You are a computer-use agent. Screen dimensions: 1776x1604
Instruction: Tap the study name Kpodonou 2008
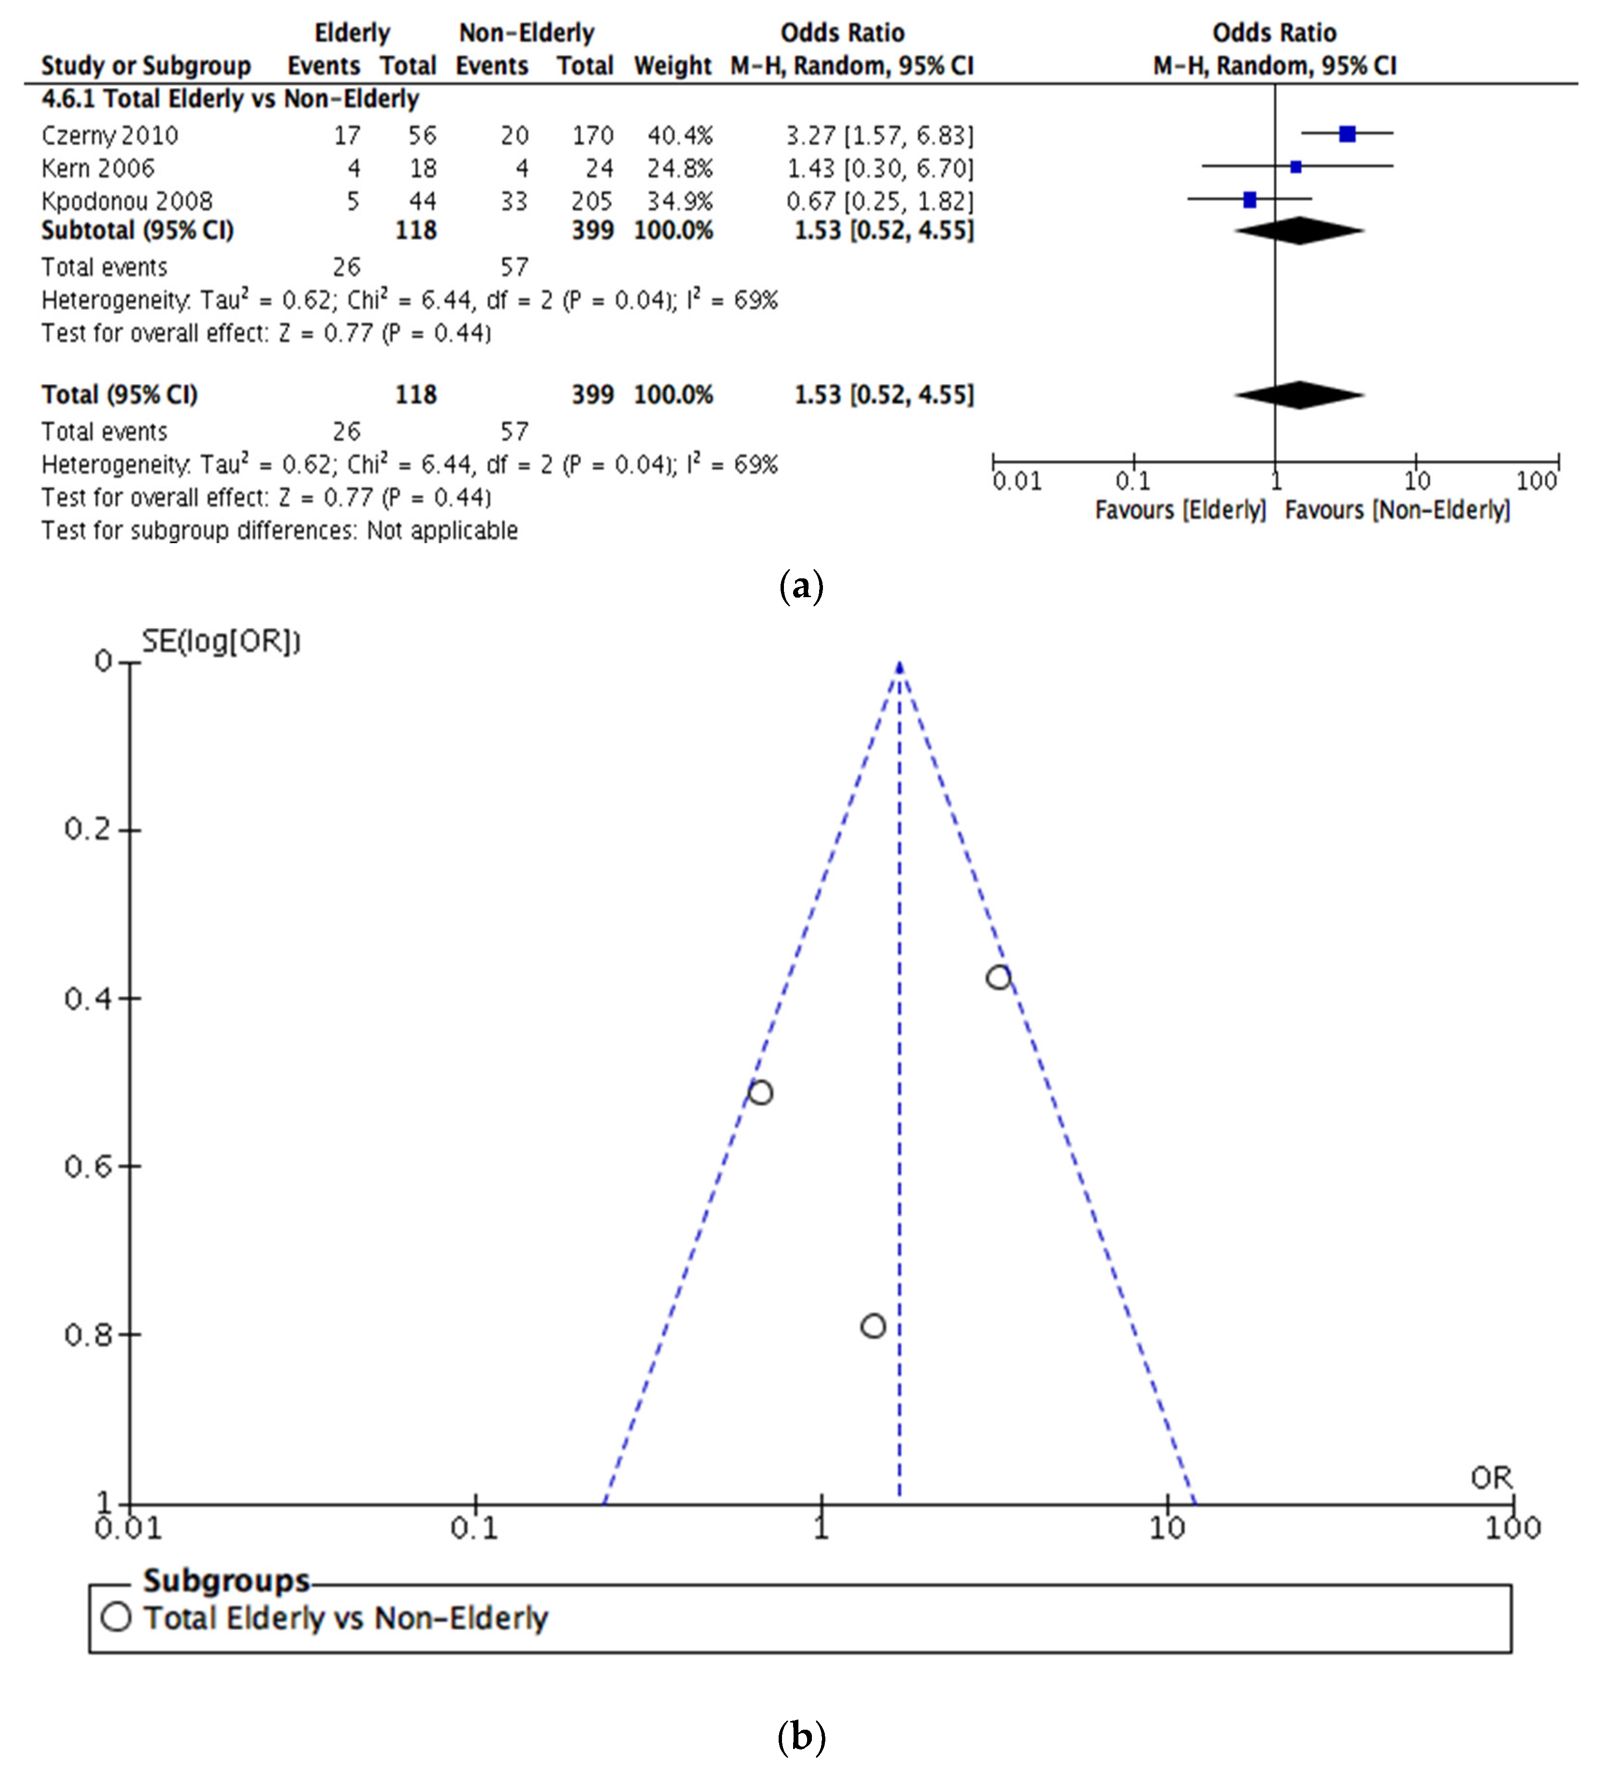click(127, 201)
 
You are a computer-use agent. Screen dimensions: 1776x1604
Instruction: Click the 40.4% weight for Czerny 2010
click(679, 135)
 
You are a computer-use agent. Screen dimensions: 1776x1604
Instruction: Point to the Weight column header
click(672, 66)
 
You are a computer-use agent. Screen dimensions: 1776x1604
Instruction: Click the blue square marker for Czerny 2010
click(1347, 134)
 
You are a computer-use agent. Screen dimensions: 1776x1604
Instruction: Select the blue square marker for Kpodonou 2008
click(1249, 200)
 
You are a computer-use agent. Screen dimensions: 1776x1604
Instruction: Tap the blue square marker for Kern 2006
click(1296, 166)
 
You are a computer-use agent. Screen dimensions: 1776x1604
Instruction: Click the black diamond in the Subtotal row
click(1299, 231)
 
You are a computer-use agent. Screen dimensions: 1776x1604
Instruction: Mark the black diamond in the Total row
click(1299, 395)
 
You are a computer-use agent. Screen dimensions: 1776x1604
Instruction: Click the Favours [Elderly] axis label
click(1180, 510)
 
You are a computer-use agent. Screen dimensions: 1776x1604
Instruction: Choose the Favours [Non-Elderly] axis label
click(1397, 510)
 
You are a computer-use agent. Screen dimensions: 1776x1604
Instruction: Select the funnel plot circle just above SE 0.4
click(998, 977)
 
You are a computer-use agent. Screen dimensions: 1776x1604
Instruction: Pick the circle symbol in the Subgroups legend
click(116, 1617)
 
